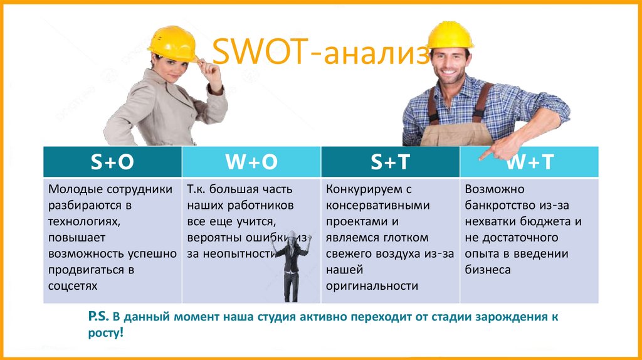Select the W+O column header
pyautogui.click(x=251, y=162)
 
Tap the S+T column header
pyautogui.click(x=390, y=162)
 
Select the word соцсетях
pyautogui.click(x=73, y=286)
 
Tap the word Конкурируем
pyautogui.click(x=362, y=189)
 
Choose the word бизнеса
pyautogui.click(x=488, y=270)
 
